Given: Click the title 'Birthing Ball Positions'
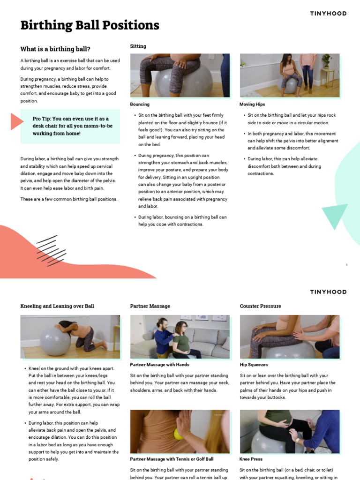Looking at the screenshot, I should (90, 25).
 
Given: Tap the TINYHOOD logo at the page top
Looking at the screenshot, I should (328, 14).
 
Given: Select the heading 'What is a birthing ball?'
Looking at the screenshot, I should (55, 49).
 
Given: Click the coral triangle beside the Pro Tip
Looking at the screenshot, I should (16, 122).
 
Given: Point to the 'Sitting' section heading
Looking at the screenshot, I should (138, 46).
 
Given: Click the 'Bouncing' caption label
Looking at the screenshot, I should (140, 105).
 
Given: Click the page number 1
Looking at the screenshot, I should (346, 265).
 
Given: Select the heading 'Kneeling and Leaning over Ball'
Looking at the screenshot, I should (57, 306).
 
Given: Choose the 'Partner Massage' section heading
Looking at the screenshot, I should (150, 306).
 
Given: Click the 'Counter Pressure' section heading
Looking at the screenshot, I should (260, 306).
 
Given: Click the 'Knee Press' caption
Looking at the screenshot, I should (251, 459).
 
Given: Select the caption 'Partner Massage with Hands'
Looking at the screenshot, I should (159, 365).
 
